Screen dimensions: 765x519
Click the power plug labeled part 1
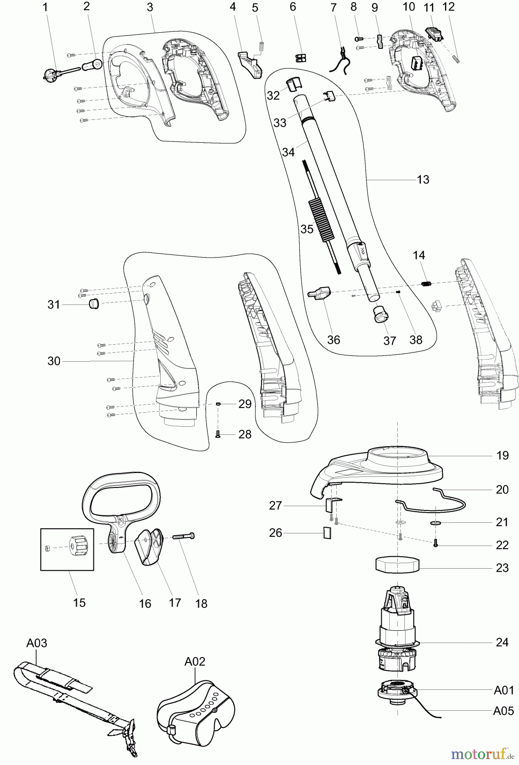50,75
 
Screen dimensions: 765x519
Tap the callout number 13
423,180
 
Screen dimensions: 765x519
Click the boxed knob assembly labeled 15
67,549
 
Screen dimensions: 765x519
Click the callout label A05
503,711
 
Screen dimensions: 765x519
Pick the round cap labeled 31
94,304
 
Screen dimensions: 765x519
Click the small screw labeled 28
218,434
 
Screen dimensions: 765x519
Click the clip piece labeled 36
319,293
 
